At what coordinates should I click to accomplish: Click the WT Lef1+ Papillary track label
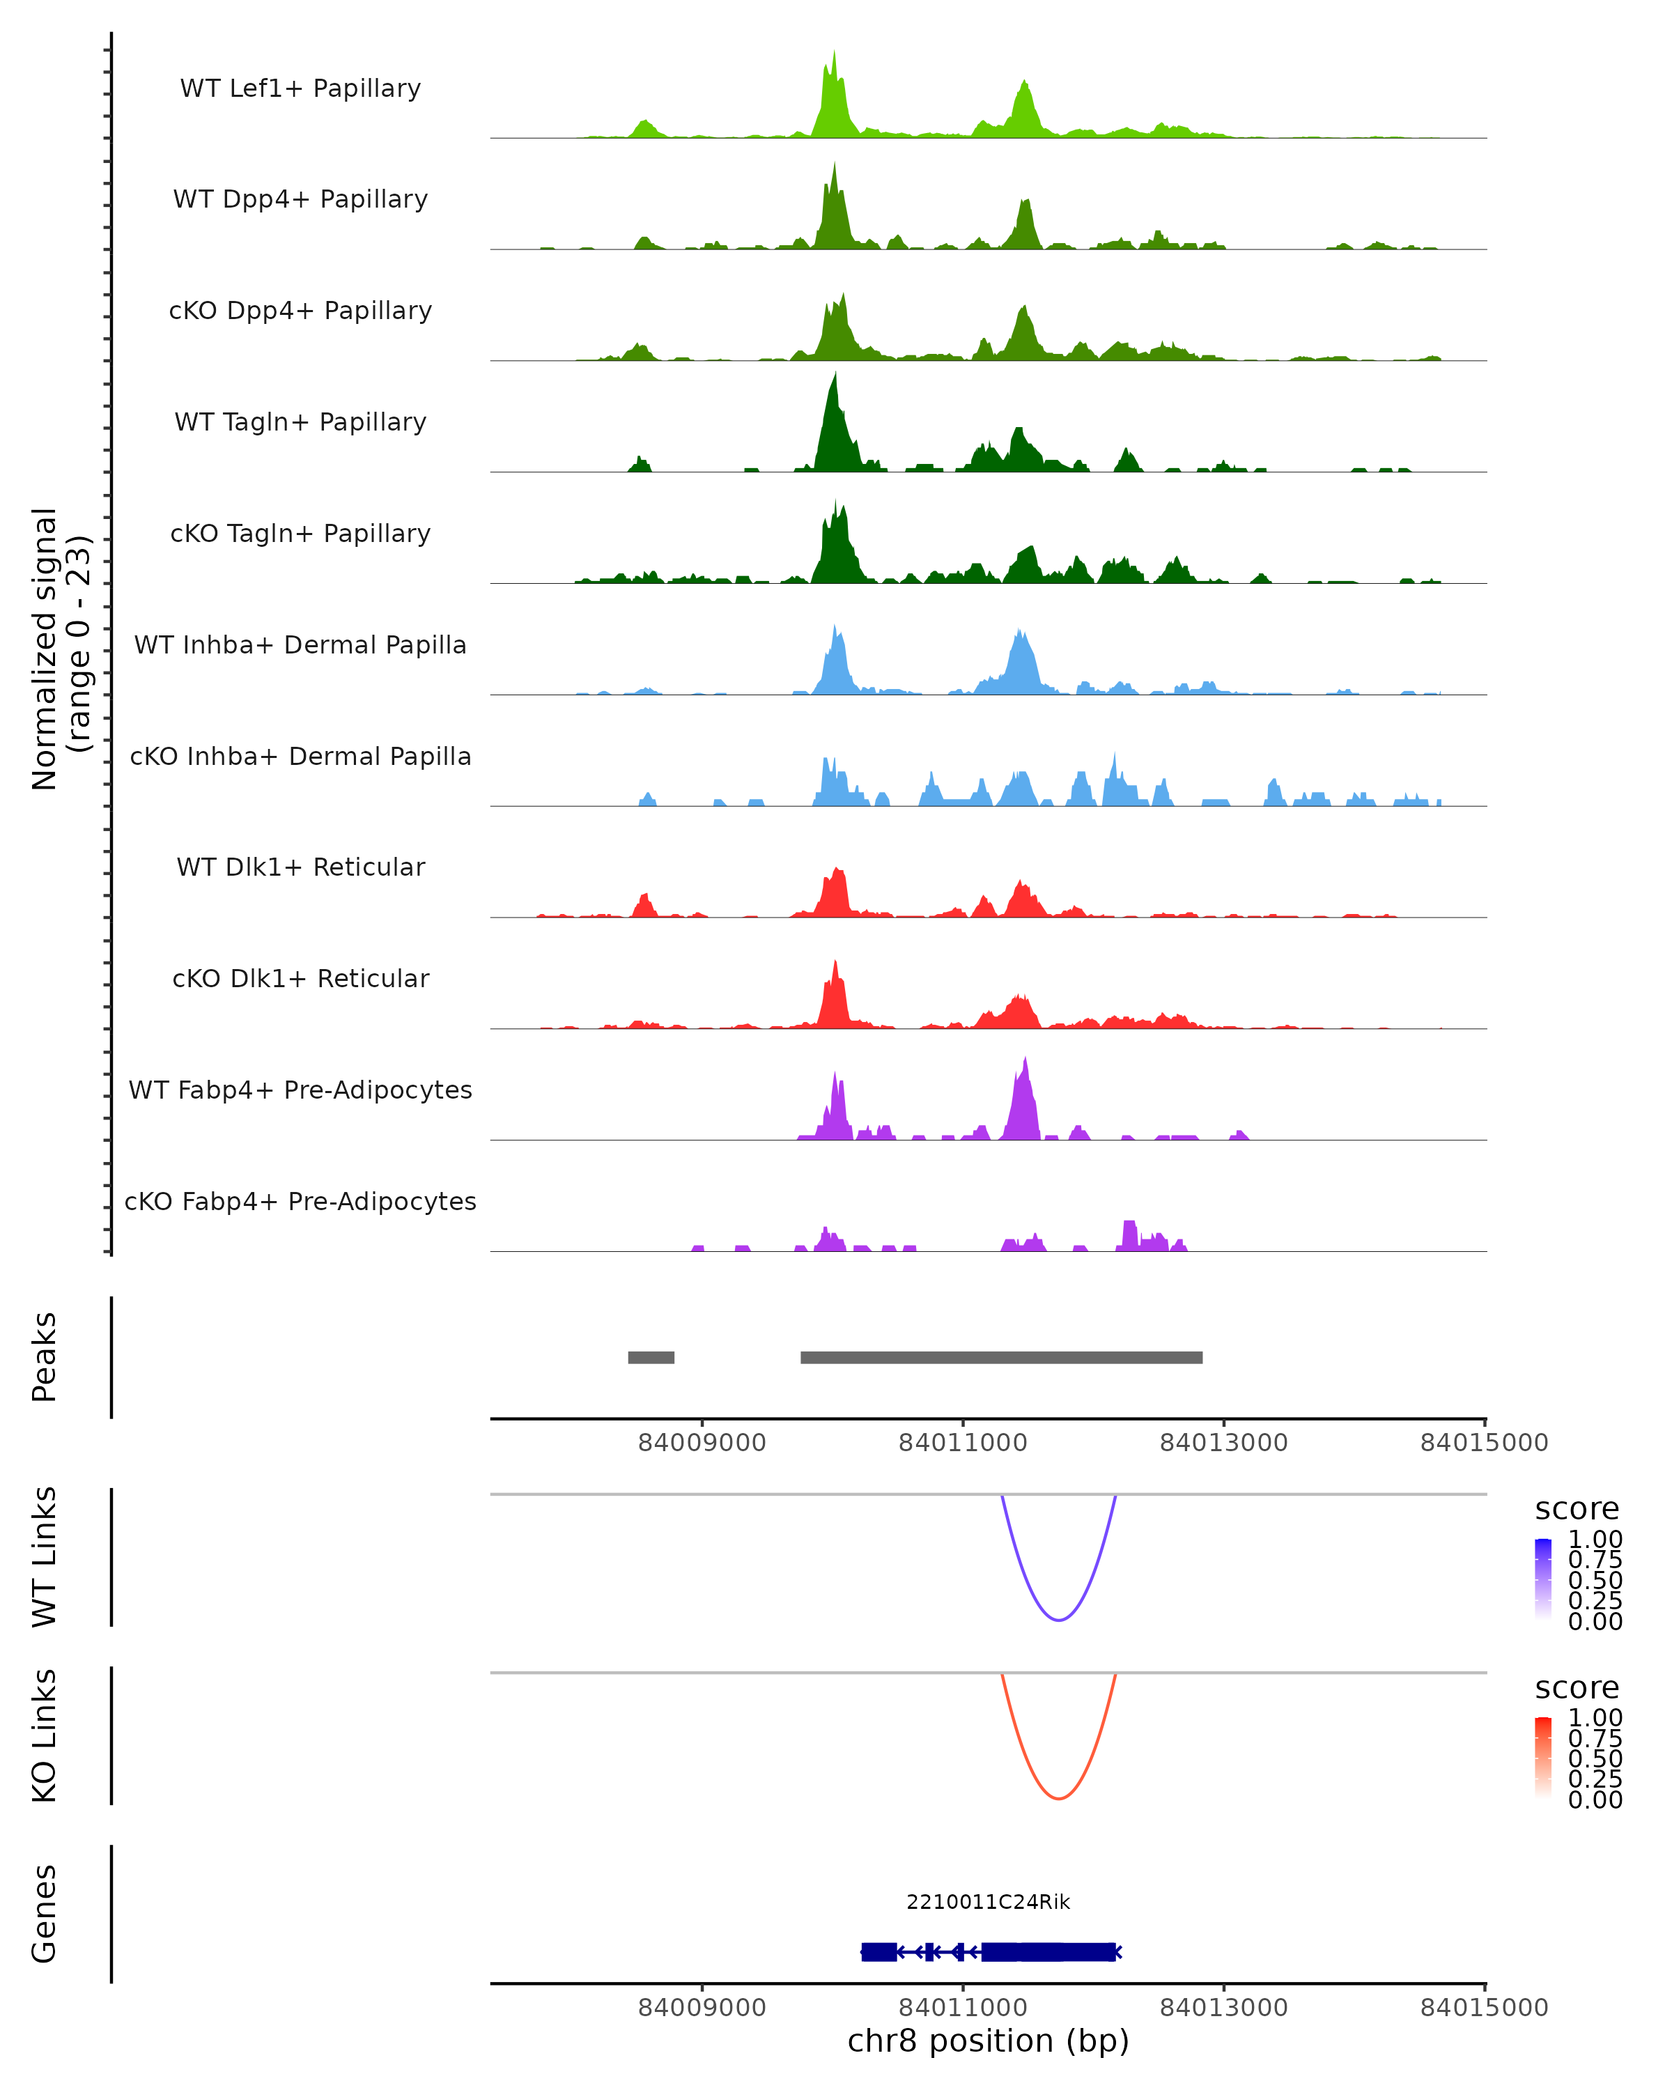pyautogui.click(x=300, y=88)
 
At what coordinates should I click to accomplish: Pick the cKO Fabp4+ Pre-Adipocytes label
pyautogui.click(x=300, y=1201)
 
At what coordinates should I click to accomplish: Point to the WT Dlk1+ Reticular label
pyautogui.click(x=300, y=867)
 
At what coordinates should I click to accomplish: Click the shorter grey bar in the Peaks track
pyautogui.click(x=651, y=1357)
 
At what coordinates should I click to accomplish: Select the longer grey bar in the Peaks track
pyautogui.click(x=1001, y=1357)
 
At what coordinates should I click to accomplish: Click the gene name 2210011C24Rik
pyautogui.click(x=988, y=1902)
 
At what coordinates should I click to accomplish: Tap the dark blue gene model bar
pyautogui.click(x=1047, y=1951)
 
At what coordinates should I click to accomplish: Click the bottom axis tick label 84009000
pyautogui.click(x=702, y=2008)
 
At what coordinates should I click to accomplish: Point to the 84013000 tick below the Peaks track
pyautogui.click(x=1223, y=1443)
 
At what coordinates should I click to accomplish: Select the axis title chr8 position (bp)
pyautogui.click(x=988, y=2041)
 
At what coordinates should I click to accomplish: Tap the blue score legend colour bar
pyautogui.click(x=1543, y=1579)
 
